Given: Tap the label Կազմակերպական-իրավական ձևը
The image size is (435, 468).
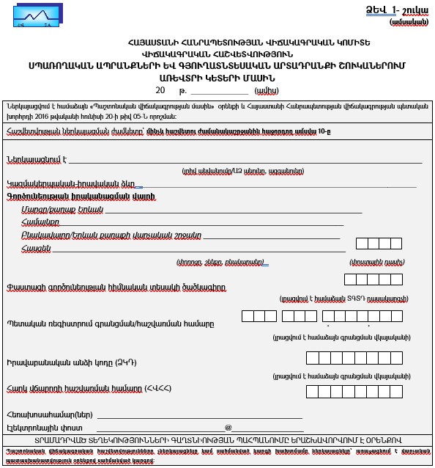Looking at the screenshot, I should click(x=70, y=183).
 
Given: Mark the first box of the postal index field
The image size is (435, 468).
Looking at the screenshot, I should click(x=362, y=244).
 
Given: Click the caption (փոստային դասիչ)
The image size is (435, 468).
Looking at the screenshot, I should click(x=373, y=261).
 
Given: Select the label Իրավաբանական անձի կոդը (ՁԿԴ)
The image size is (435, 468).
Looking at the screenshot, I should click(x=72, y=363).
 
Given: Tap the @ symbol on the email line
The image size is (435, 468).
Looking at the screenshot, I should click(x=228, y=427).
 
